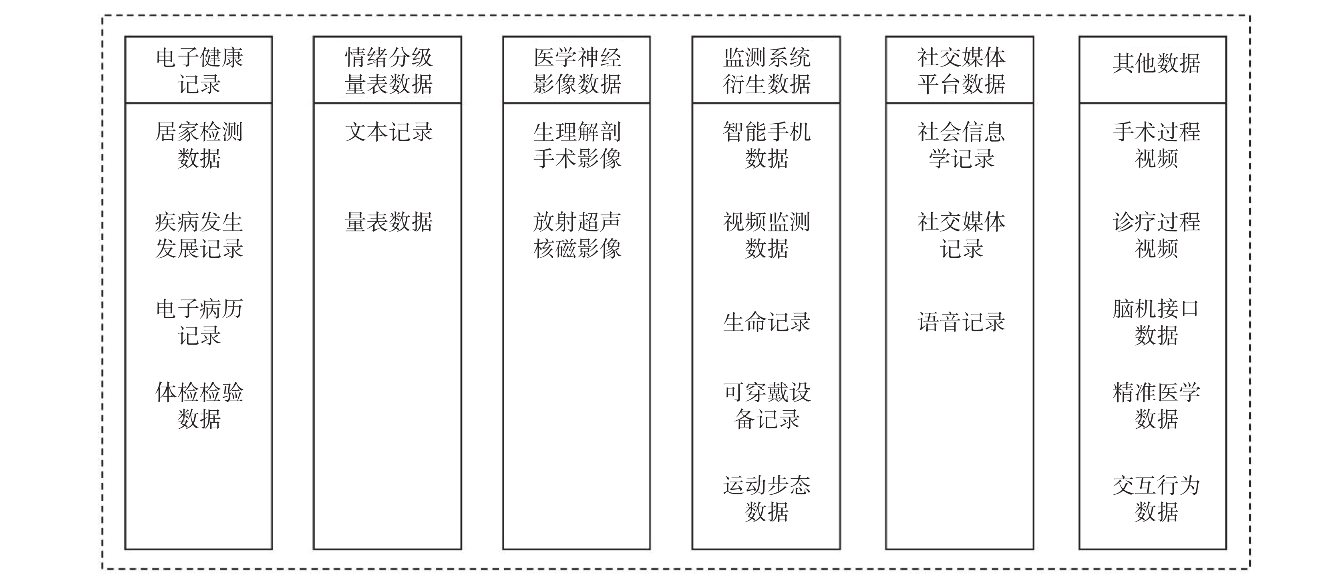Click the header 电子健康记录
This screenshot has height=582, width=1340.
(x=199, y=71)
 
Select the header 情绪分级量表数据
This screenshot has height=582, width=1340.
(x=388, y=71)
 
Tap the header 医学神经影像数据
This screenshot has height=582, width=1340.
(x=577, y=71)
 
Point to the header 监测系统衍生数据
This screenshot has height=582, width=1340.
(x=767, y=71)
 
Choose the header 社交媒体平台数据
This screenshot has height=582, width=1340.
(x=961, y=71)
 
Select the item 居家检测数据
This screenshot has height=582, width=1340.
(x=199, y=145)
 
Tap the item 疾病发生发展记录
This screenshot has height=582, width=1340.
(x=199, y=235)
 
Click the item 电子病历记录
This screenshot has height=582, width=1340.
(x=199, y=322)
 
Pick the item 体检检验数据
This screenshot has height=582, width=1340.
(x=199, y=406)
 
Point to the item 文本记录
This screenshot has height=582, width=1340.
(x=388, y=132)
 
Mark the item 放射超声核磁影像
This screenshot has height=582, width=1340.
(x=577, y=235)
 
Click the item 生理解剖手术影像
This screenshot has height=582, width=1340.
(x=577, y=145)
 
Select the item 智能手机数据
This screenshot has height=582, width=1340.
(x=767, y=145)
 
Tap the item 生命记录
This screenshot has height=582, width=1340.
(x=767, y=322)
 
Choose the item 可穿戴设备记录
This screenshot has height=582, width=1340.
(x=767, y=406)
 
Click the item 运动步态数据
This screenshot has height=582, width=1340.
(x=767, y=498)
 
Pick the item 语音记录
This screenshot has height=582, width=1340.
(x=961, y=322)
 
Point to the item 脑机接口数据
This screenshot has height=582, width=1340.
(x=1156, y=322)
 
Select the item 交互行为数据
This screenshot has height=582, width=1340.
(x=1156, y=498)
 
